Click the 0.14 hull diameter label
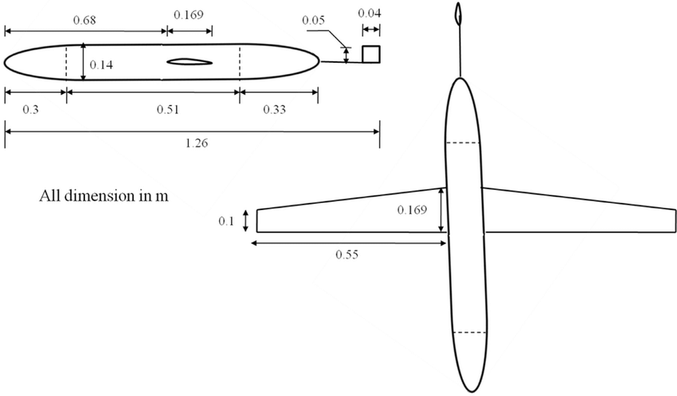pos(101,65)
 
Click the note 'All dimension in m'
pos(104,195)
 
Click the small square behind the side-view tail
pos(370,53)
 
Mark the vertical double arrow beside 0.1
pos(245,220)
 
